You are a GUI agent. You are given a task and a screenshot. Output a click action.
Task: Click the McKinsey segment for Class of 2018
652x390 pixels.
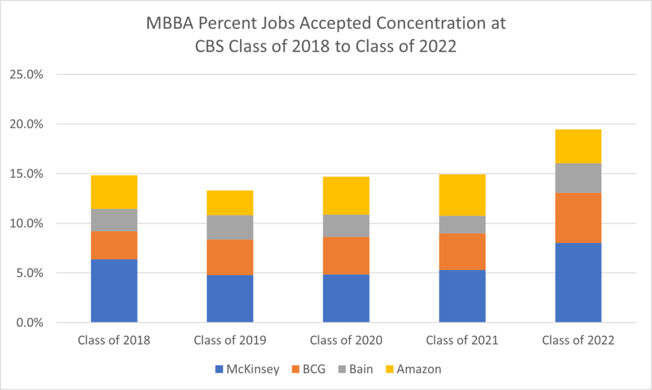pos(114,291)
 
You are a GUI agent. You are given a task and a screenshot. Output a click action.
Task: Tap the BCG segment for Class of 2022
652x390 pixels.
pos(578,218)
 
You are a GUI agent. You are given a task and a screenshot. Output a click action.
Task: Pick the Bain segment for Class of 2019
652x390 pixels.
pos(230,227)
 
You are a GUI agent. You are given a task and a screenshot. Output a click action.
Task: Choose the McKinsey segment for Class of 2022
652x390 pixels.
pos(578,282)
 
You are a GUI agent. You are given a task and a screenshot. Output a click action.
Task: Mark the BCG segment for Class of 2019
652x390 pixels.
pos(230,257)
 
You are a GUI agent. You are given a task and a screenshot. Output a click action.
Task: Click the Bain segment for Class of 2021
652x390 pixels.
pos(462,224)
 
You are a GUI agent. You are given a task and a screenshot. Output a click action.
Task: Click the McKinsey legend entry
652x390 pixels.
pos(246,368)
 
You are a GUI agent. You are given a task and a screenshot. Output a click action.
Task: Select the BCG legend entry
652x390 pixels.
pos(309,368)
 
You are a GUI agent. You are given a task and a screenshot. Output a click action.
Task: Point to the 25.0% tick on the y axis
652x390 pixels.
pos(26,74)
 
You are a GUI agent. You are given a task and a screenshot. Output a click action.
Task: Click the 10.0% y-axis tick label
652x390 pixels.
pos(26,224)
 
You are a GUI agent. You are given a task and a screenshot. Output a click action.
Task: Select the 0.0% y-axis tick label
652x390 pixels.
pos(29,323)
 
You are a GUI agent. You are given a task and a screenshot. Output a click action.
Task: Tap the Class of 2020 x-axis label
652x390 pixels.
pos(346,340)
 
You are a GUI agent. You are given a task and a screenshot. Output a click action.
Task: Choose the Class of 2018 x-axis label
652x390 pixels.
pos(114,340)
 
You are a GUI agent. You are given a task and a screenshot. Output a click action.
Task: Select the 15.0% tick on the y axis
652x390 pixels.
pos(26,174)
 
